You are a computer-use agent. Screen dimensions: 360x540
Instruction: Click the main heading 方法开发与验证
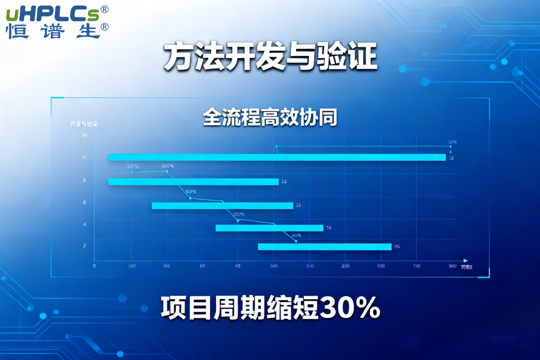pyautogui.click(x=270, y=57)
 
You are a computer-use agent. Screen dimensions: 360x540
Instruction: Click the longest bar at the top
pyautogui.click(x=277, y=157)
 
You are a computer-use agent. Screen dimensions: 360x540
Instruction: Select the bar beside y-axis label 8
pyautogui.click(x=193, y=182)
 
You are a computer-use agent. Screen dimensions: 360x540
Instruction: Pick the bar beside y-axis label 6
pyautogui.click(x=222, y=206)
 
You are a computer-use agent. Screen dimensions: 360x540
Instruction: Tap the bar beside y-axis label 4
pyautogui.click(x=269, y=228)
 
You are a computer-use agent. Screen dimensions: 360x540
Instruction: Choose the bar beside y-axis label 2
pyautogui.click(x=324, y=247)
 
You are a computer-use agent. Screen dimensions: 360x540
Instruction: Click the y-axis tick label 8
pyautogui.click(x=84, y=180)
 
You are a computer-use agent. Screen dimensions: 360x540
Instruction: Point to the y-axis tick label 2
pyautogui.click(x=84, y=246)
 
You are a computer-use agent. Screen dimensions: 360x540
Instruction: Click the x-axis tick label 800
pyautogui.click(x=453, y=266)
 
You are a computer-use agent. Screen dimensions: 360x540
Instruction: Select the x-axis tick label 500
pyautogui.click(x=274, y=266)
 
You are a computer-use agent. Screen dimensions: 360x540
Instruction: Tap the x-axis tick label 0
pyautogui.click(x=94, y=266)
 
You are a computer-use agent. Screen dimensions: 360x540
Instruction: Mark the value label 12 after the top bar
pyautogui.click(x=451, y=158)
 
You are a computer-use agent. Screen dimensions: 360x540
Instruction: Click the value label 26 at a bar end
pyautogui.click(x=298, y=206)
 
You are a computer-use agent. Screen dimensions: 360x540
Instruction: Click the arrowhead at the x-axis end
pyautogui.click(x=465, y=261)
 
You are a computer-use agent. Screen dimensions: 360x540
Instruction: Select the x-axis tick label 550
pyautogui.click(x=381, y=266)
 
